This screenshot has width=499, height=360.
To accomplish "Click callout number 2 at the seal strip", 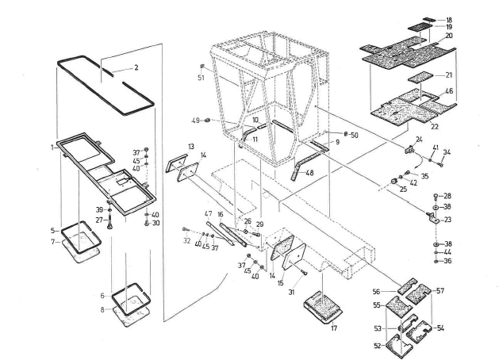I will coord(136,68).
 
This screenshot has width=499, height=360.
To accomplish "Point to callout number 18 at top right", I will coord(449,19).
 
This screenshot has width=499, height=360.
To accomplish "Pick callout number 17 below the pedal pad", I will coord(334,327).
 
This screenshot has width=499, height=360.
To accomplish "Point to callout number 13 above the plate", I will coord(191,147).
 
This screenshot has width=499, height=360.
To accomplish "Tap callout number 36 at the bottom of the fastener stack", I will coord(449,261).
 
